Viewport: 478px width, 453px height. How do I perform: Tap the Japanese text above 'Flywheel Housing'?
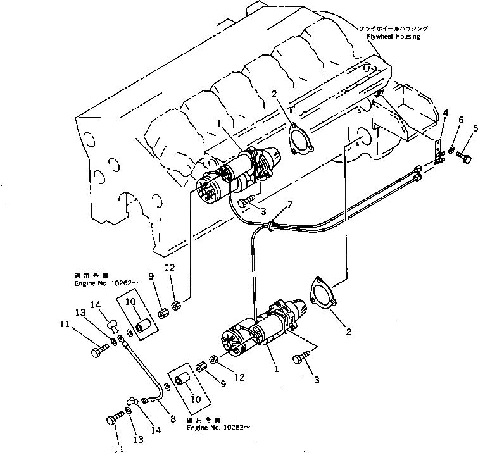[x=393, y=28]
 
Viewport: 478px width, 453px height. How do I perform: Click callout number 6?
[x=461, y=120]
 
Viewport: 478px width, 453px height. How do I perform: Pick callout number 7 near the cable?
[x=290, y=204]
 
